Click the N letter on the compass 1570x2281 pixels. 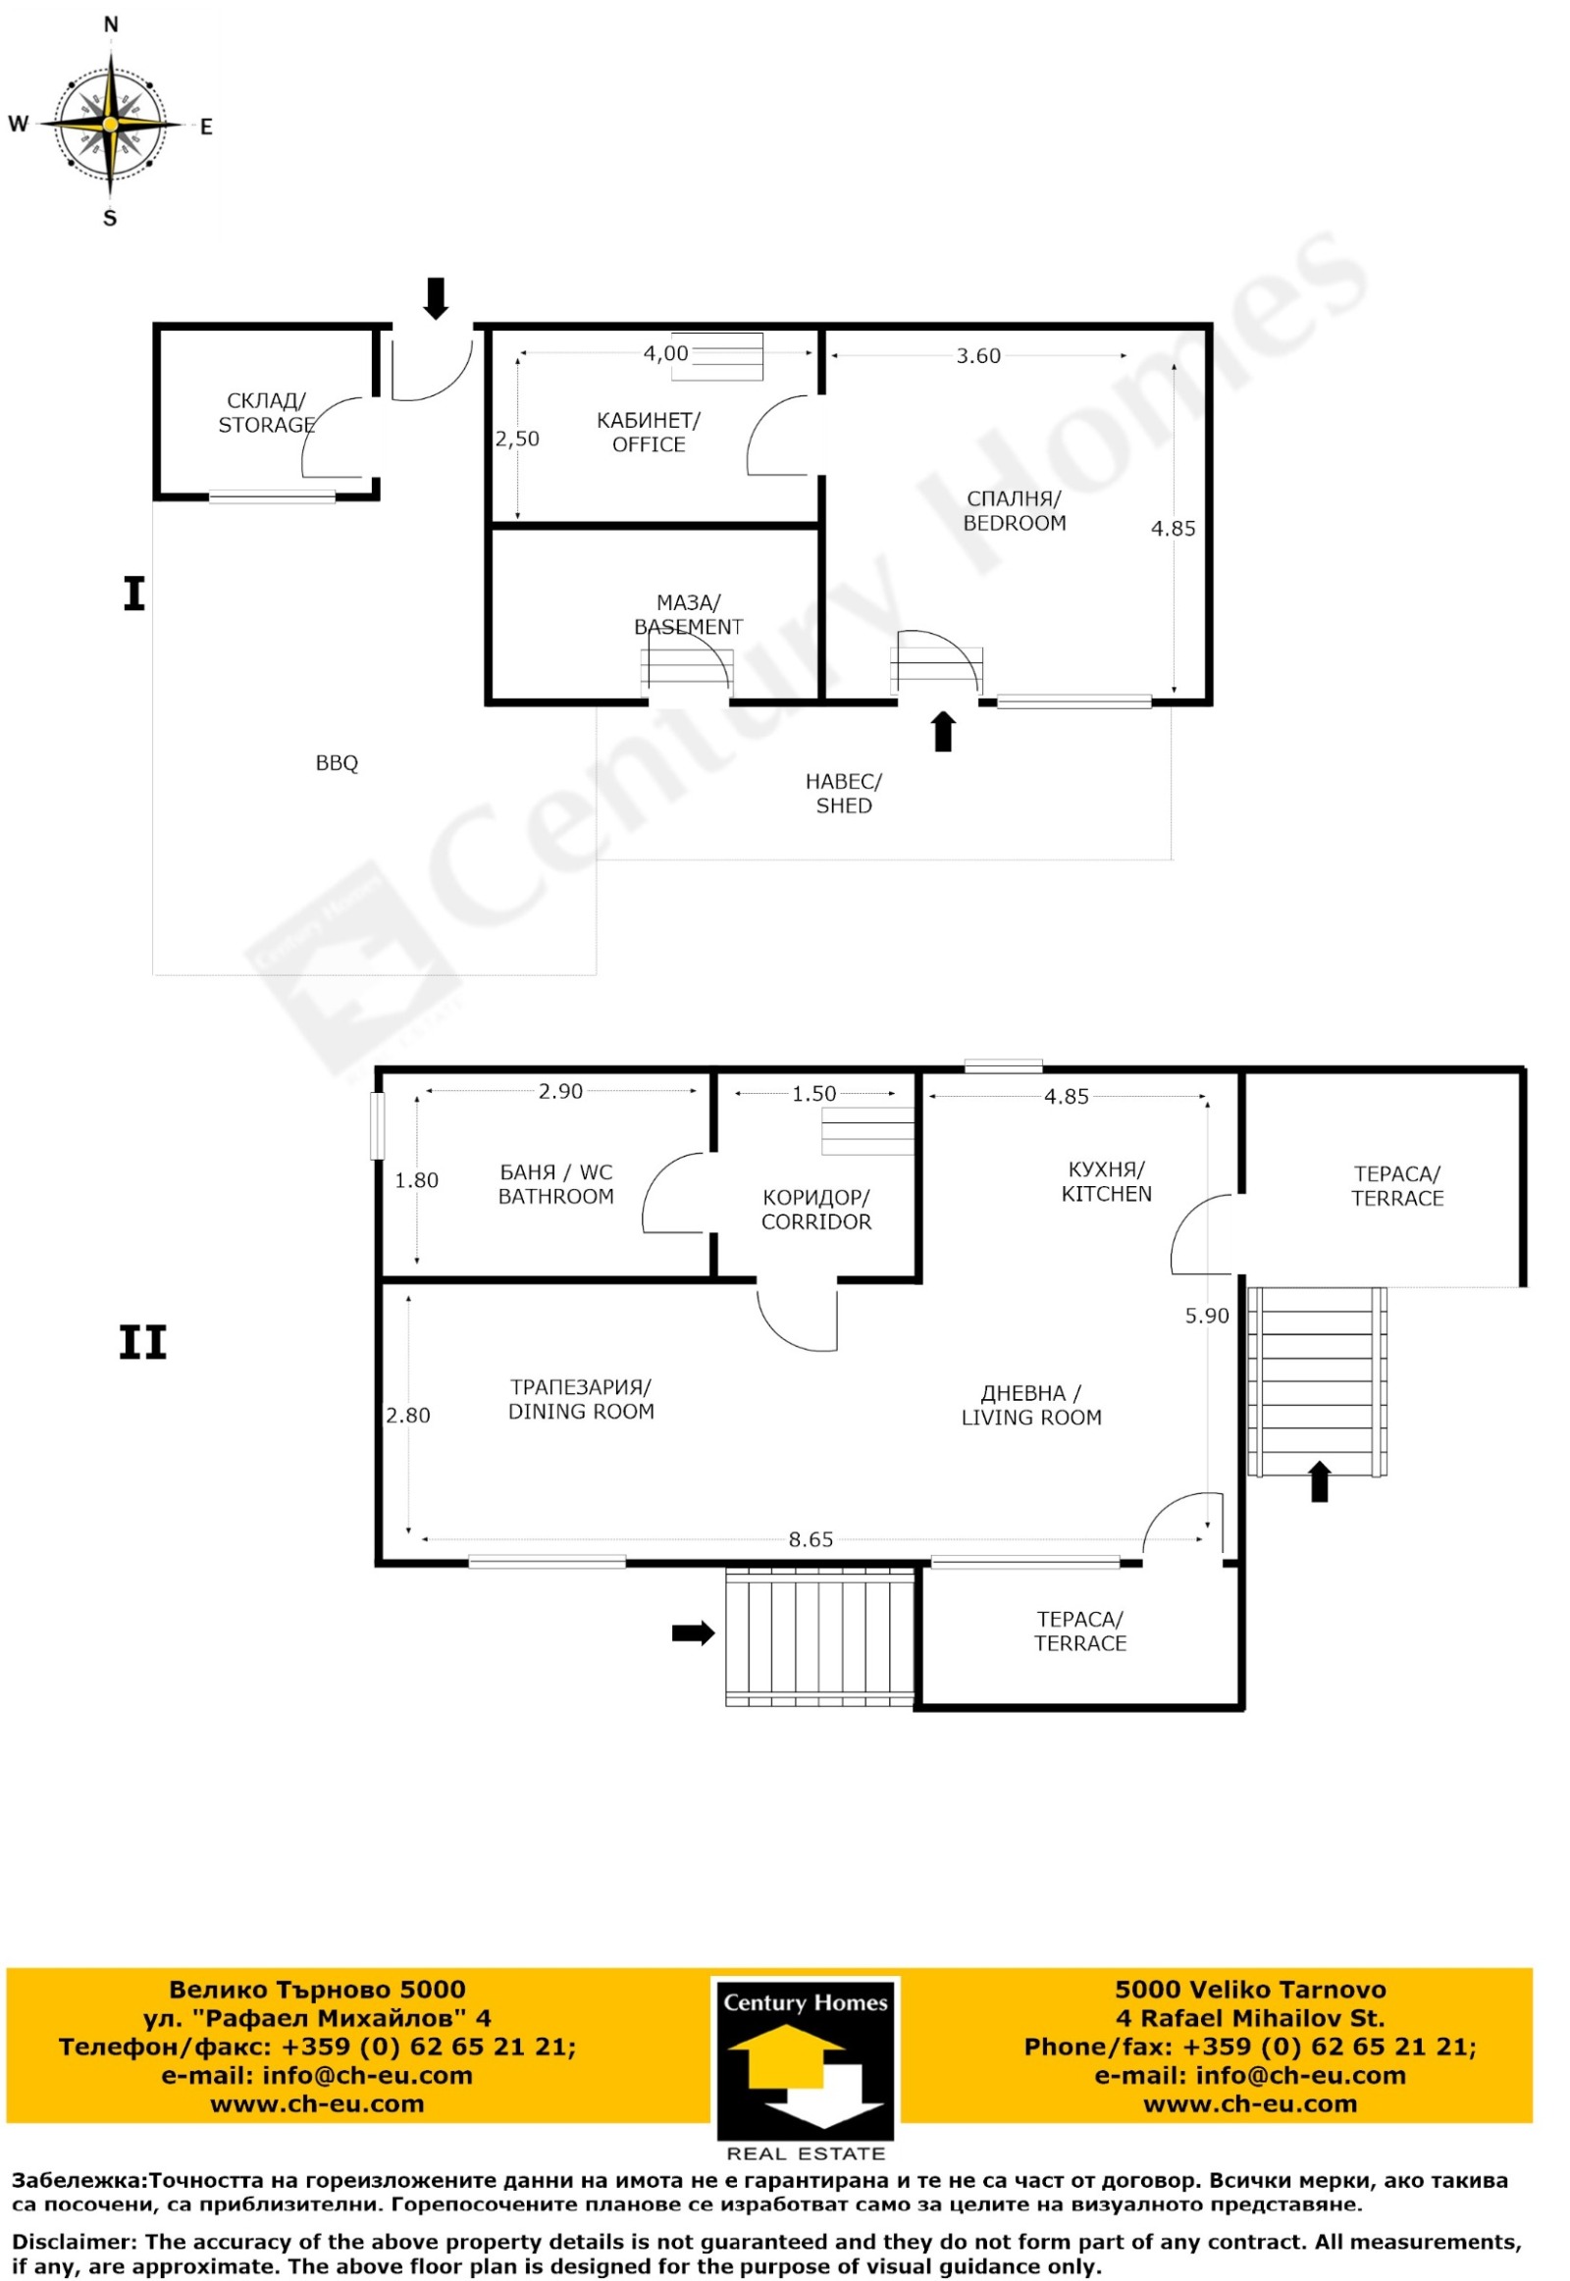tap(111, 25)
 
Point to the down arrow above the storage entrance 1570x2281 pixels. tap(436, 299)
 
